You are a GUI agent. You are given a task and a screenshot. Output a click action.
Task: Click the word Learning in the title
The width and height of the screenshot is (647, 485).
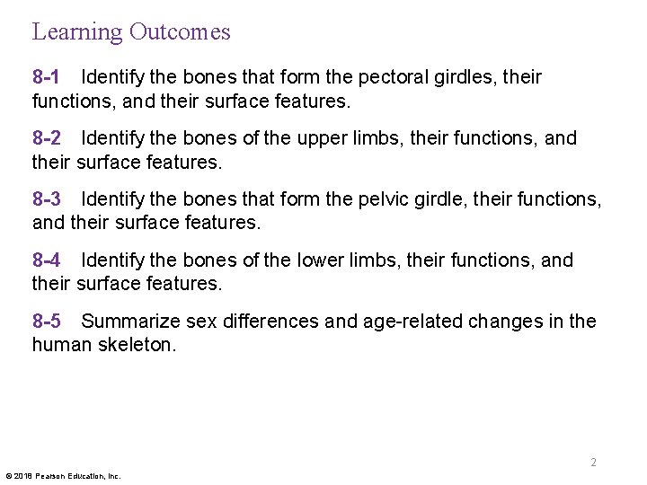(77, 32)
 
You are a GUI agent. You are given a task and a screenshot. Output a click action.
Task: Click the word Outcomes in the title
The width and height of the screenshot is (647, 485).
(180, 31)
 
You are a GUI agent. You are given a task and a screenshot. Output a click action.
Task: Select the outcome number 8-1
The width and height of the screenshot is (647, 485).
(47, 77)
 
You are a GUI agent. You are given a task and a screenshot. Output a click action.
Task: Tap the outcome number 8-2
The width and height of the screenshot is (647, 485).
(47, 138)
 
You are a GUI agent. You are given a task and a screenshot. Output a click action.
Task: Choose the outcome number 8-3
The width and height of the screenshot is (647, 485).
(47, 199)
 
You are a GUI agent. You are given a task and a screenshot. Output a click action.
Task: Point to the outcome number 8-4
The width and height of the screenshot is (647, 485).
(47, 260)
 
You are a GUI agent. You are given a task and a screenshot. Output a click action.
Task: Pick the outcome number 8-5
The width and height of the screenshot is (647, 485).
(47, 322)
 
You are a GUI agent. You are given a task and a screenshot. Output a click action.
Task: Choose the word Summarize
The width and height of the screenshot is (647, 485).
(130, 322)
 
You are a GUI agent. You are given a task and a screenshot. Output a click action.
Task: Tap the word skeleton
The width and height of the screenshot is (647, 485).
(137, 345)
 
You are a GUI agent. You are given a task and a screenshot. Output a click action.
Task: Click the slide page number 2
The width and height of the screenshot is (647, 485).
(593, 463)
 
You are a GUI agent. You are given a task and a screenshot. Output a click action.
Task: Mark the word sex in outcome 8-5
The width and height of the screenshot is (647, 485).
(204, 322)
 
